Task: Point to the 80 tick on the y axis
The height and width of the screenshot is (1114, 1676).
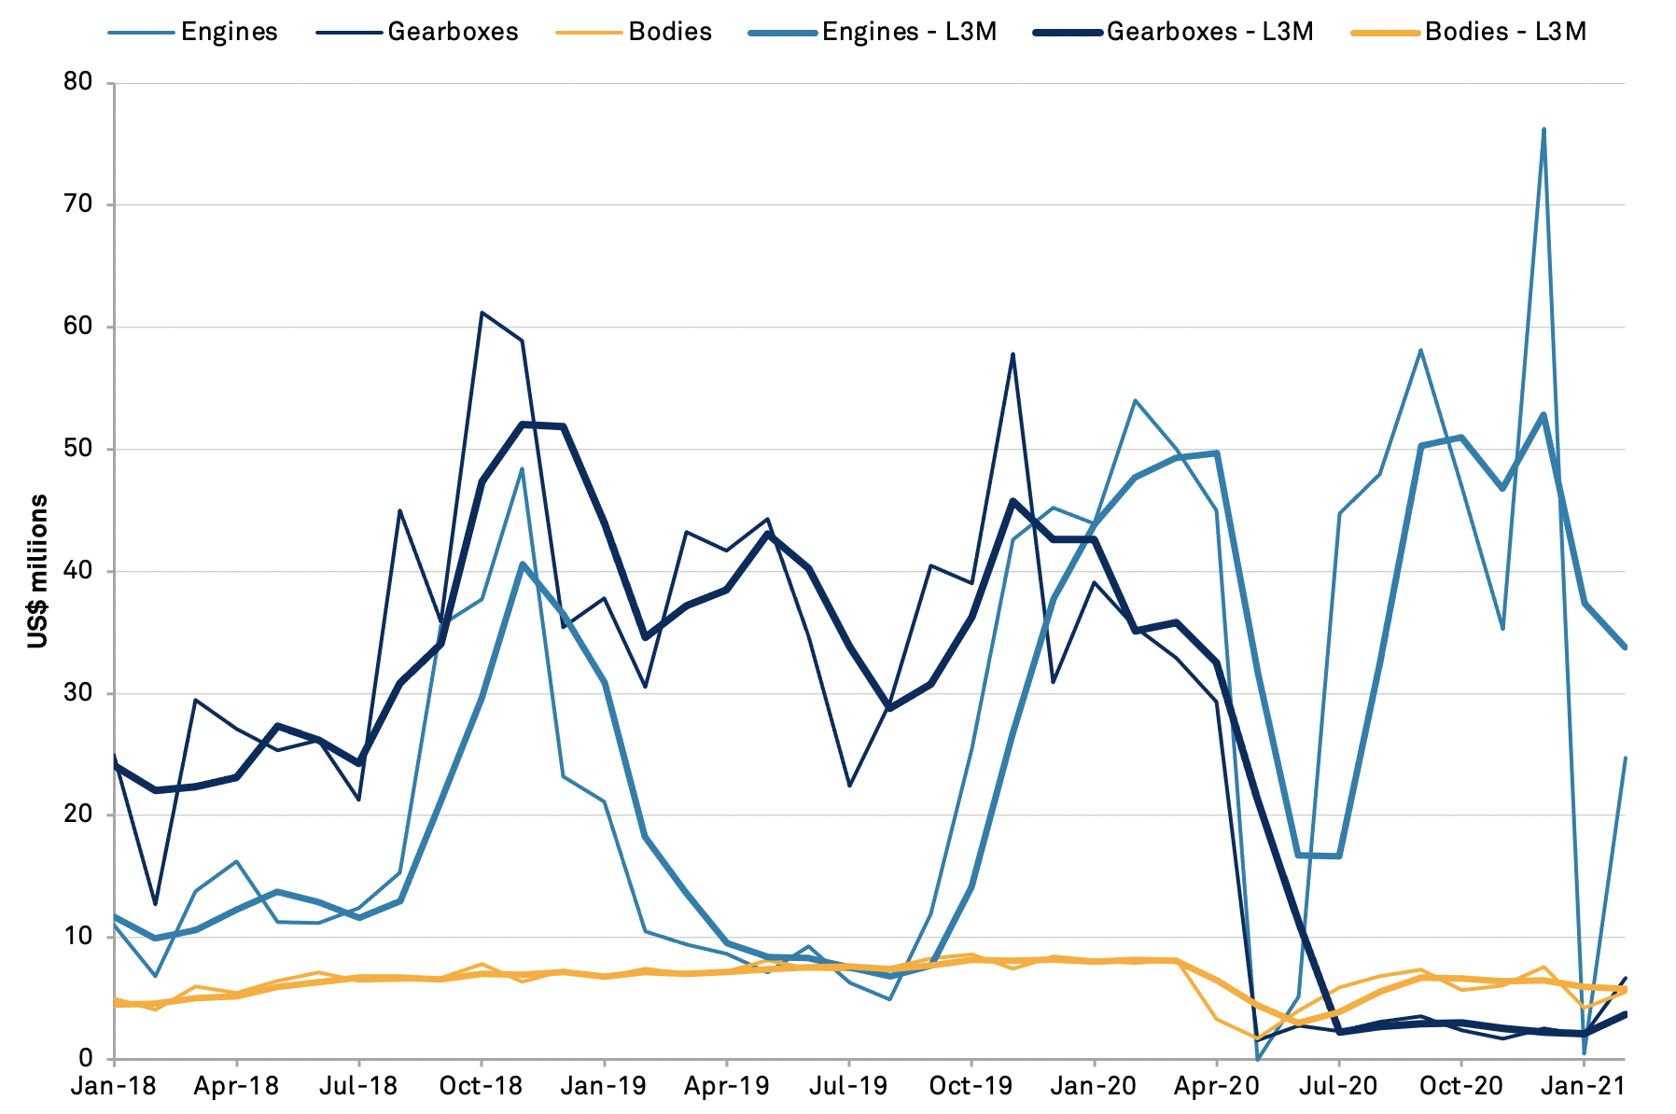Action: click(x=79, y=82)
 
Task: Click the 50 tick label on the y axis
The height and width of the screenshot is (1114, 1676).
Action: click(x=79, y=449)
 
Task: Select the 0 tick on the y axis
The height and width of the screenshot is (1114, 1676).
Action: click(x=87, y=1059)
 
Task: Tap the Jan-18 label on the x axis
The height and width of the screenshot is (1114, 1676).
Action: click(x=114, y=1087)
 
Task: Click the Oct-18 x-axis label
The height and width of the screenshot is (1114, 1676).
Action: click(x=482, y=1087)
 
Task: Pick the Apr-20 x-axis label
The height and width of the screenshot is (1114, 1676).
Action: click(x=1217, y=1087)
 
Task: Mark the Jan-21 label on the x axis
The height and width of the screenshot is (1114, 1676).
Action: click(x=1585, y=1087)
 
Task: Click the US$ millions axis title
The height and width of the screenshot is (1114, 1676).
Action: click(x=38, y=571)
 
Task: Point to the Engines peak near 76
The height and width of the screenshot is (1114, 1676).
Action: click(x=1543, y=130)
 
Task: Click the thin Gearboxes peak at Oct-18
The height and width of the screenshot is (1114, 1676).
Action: click(x=482, y=313)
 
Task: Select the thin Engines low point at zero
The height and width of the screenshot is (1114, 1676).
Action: click(x=1258, y=1059)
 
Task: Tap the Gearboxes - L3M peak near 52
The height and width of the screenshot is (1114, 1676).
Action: click(x=523, y=425)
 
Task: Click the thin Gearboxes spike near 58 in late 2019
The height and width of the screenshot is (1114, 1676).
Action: click(x=1013, y=355)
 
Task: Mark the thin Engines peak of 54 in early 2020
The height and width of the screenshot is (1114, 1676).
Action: click(x=1135, y=400)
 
